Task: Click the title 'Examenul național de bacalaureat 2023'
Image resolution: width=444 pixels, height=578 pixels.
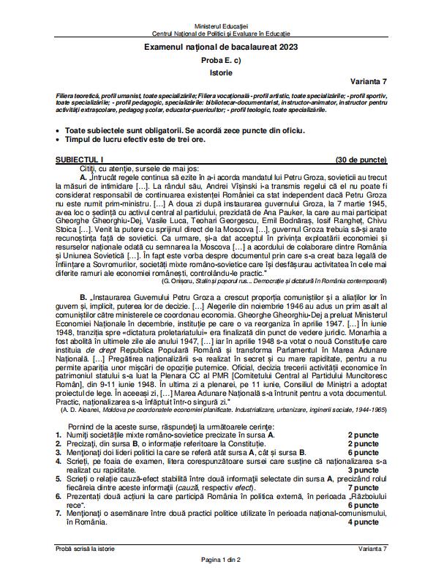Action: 222,47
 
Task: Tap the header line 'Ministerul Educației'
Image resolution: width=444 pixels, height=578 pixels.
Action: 222,26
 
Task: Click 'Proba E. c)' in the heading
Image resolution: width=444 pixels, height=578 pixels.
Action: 222,60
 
